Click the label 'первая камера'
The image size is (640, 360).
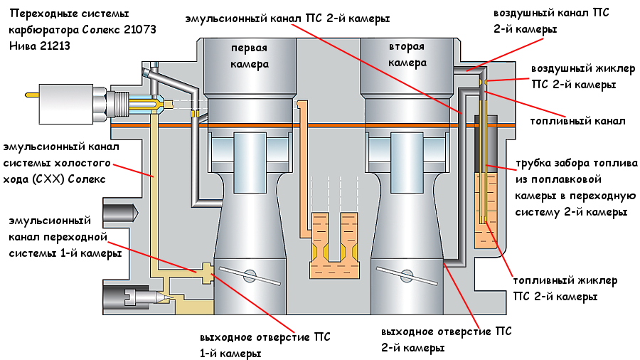point(249,55)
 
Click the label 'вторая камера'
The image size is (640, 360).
point(407,55)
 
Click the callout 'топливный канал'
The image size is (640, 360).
point(577,121)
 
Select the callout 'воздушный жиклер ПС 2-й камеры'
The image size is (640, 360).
point(573,76)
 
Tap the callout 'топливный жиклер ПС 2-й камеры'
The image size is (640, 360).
point(554,288)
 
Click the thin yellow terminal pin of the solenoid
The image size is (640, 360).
point(31,95)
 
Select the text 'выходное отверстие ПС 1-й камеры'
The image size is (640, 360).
point(265,344)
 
